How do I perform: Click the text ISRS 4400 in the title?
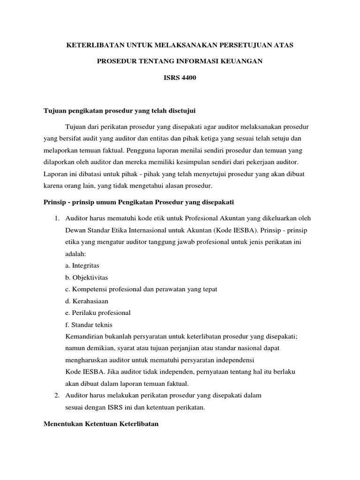pos(180,78)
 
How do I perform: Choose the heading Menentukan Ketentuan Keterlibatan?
pos(101,424)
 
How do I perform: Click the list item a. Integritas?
pos(82,265)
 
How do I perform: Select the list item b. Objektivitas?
pos(87,277)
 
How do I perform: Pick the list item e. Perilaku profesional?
pos(98,313)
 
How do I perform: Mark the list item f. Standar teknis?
pos(89,324)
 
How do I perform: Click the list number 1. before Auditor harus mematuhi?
pos(57,218)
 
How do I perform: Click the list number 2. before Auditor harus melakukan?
pos(57,395)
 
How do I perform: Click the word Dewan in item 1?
pos(75,230)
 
